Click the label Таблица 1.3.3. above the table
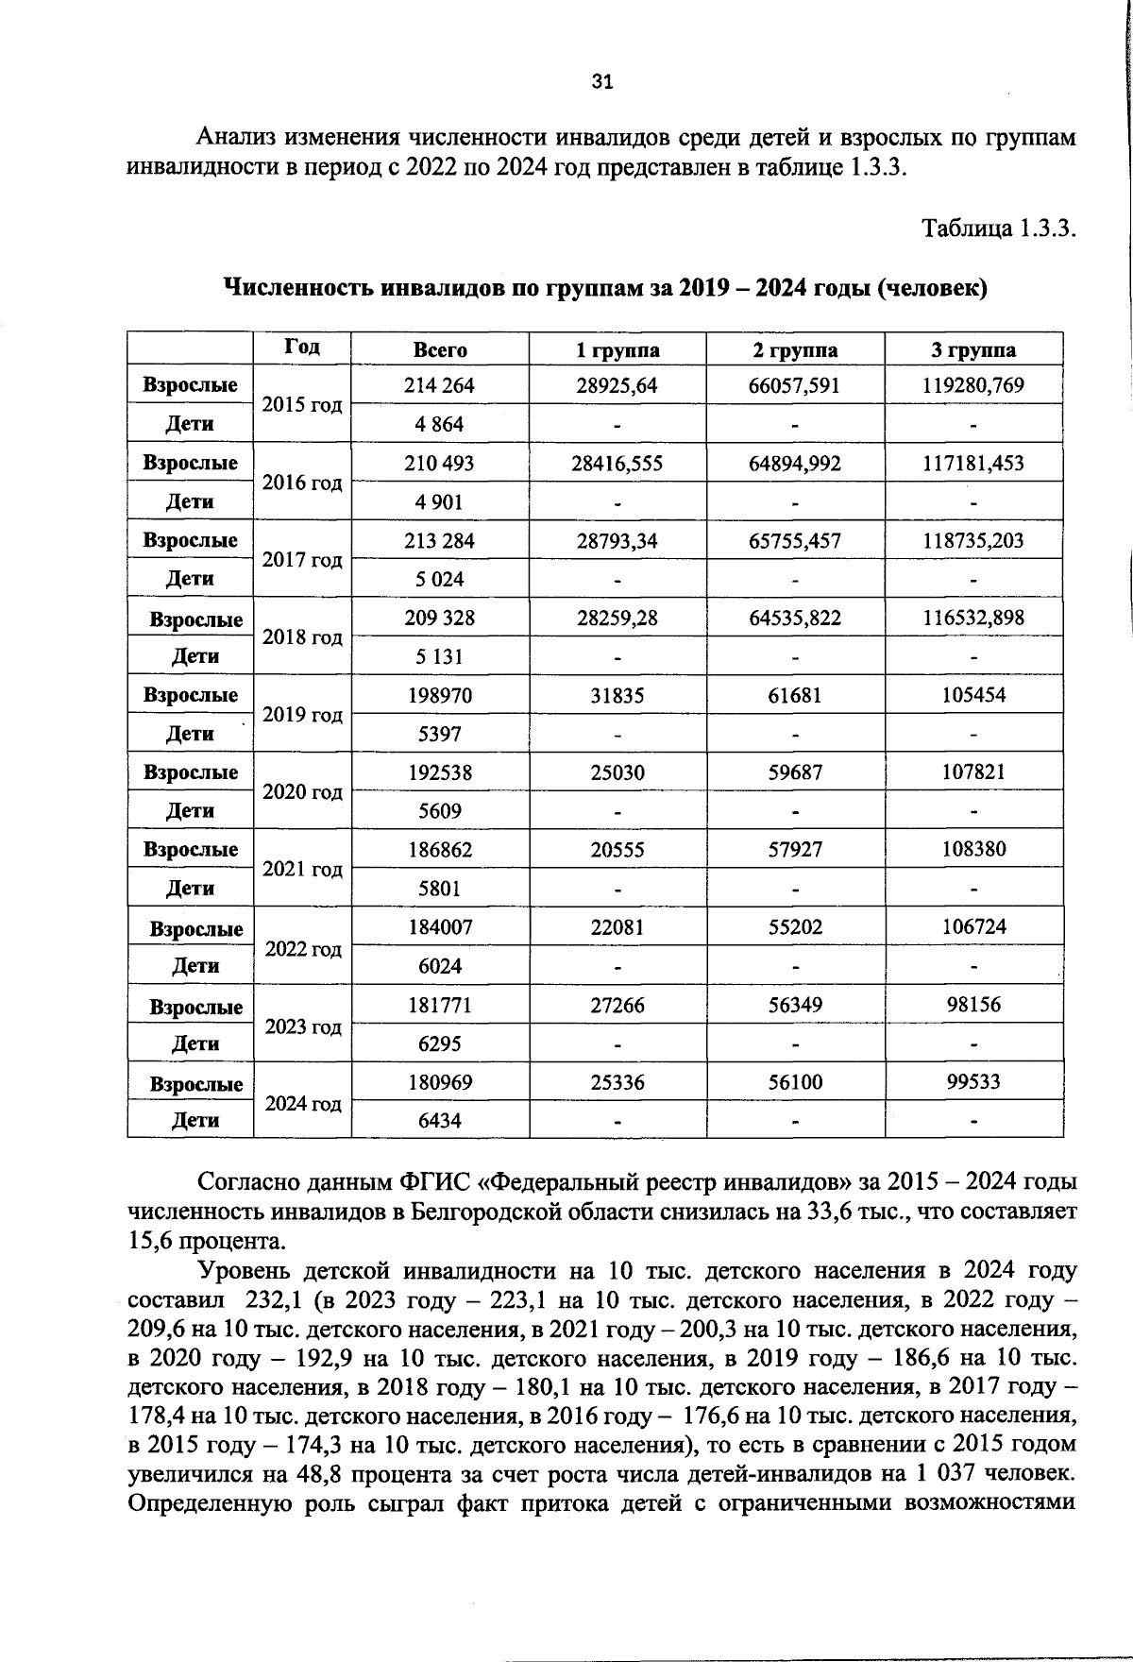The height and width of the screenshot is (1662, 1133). click(999, 229)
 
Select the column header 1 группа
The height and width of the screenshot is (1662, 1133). click(617, 350)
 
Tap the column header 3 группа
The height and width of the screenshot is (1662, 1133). click(973, 350)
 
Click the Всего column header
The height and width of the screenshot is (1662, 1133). click(440, 350)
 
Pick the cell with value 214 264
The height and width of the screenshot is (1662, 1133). click(439, 385)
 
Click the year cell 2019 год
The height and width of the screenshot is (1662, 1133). click(302, 715)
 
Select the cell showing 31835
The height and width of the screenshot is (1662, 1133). click(617, 695)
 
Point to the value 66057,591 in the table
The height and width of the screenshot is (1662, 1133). click(795, 385)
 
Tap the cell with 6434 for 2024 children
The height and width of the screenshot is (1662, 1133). click(439, 1121)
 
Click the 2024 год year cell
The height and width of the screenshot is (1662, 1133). click(302, 1103)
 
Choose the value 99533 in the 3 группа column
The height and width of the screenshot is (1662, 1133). click(973, 1082)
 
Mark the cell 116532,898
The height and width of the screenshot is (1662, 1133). click(973, 618)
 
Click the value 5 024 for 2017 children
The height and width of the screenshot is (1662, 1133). click(439, 579)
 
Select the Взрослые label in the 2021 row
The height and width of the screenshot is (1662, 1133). click(191, 850)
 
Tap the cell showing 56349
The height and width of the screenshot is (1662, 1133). click(795, 1005)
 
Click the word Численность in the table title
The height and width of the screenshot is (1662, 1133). click(298, 287)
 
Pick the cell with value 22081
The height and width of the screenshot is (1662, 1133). click(617, 927)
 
